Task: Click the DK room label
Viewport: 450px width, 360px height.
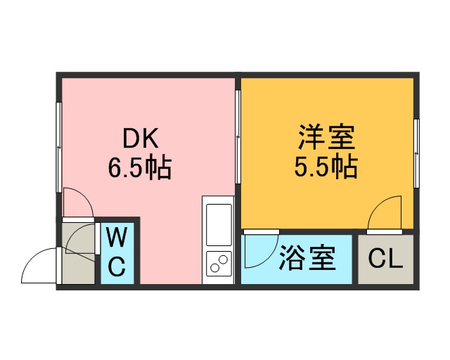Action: pyautogui.click(x=141, y=139)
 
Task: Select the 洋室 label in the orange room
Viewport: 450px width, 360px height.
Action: pyautogui.click(x=327, y=137)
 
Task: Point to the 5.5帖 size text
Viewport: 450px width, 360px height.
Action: pyautogui.click(x=326, y=167)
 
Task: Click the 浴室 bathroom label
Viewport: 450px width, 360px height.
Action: pyautogui.click(x=307, y=258)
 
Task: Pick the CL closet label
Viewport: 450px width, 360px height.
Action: pyautogui.click(x=385, y=259)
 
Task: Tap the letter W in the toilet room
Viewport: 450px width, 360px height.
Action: pyautogui.click(x=117, y=237)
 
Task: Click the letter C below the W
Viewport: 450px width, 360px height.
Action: pyautogui.click(x=117, y=266)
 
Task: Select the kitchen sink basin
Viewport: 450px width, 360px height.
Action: pyautogui.click(x=219, y=225)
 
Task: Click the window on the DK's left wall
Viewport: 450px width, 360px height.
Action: pyautogui.click(x=59, y=147)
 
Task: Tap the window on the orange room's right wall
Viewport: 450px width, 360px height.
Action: pyautogui.click(x=416, y=153)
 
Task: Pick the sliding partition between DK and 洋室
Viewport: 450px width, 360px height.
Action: pyautogui.click(x=238, y=137)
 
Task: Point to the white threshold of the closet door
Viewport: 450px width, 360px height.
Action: pyautogui.click(x=385, y=232)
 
